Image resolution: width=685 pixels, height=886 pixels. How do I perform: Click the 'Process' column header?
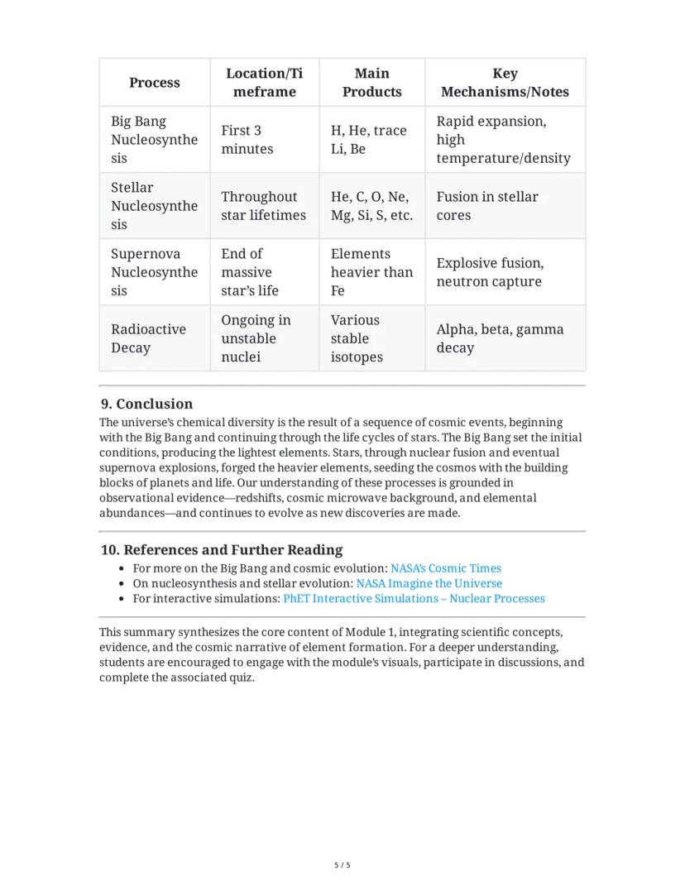point(154,83)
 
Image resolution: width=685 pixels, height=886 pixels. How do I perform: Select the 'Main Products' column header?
point(371,83)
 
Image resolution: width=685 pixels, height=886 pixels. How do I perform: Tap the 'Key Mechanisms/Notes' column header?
point(505,83)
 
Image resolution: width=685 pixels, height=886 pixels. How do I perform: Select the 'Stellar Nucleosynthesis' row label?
point(154,206)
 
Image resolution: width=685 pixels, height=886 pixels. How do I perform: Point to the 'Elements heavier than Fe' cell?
point(371,272)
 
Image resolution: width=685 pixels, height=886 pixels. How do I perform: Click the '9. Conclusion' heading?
point(146,404)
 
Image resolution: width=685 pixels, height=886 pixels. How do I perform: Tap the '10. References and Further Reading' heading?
point(221,550)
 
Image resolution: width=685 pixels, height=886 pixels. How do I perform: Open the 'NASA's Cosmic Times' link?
point(445,568)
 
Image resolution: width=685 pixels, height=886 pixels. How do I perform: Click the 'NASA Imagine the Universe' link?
point(429,583)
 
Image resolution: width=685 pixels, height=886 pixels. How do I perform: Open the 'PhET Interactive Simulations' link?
point(414,598)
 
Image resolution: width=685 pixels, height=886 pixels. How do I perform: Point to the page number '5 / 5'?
point(342,865)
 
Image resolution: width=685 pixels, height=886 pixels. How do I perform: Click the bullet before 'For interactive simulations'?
point(122,599)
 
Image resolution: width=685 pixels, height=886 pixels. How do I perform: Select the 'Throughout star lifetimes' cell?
point(263,206)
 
